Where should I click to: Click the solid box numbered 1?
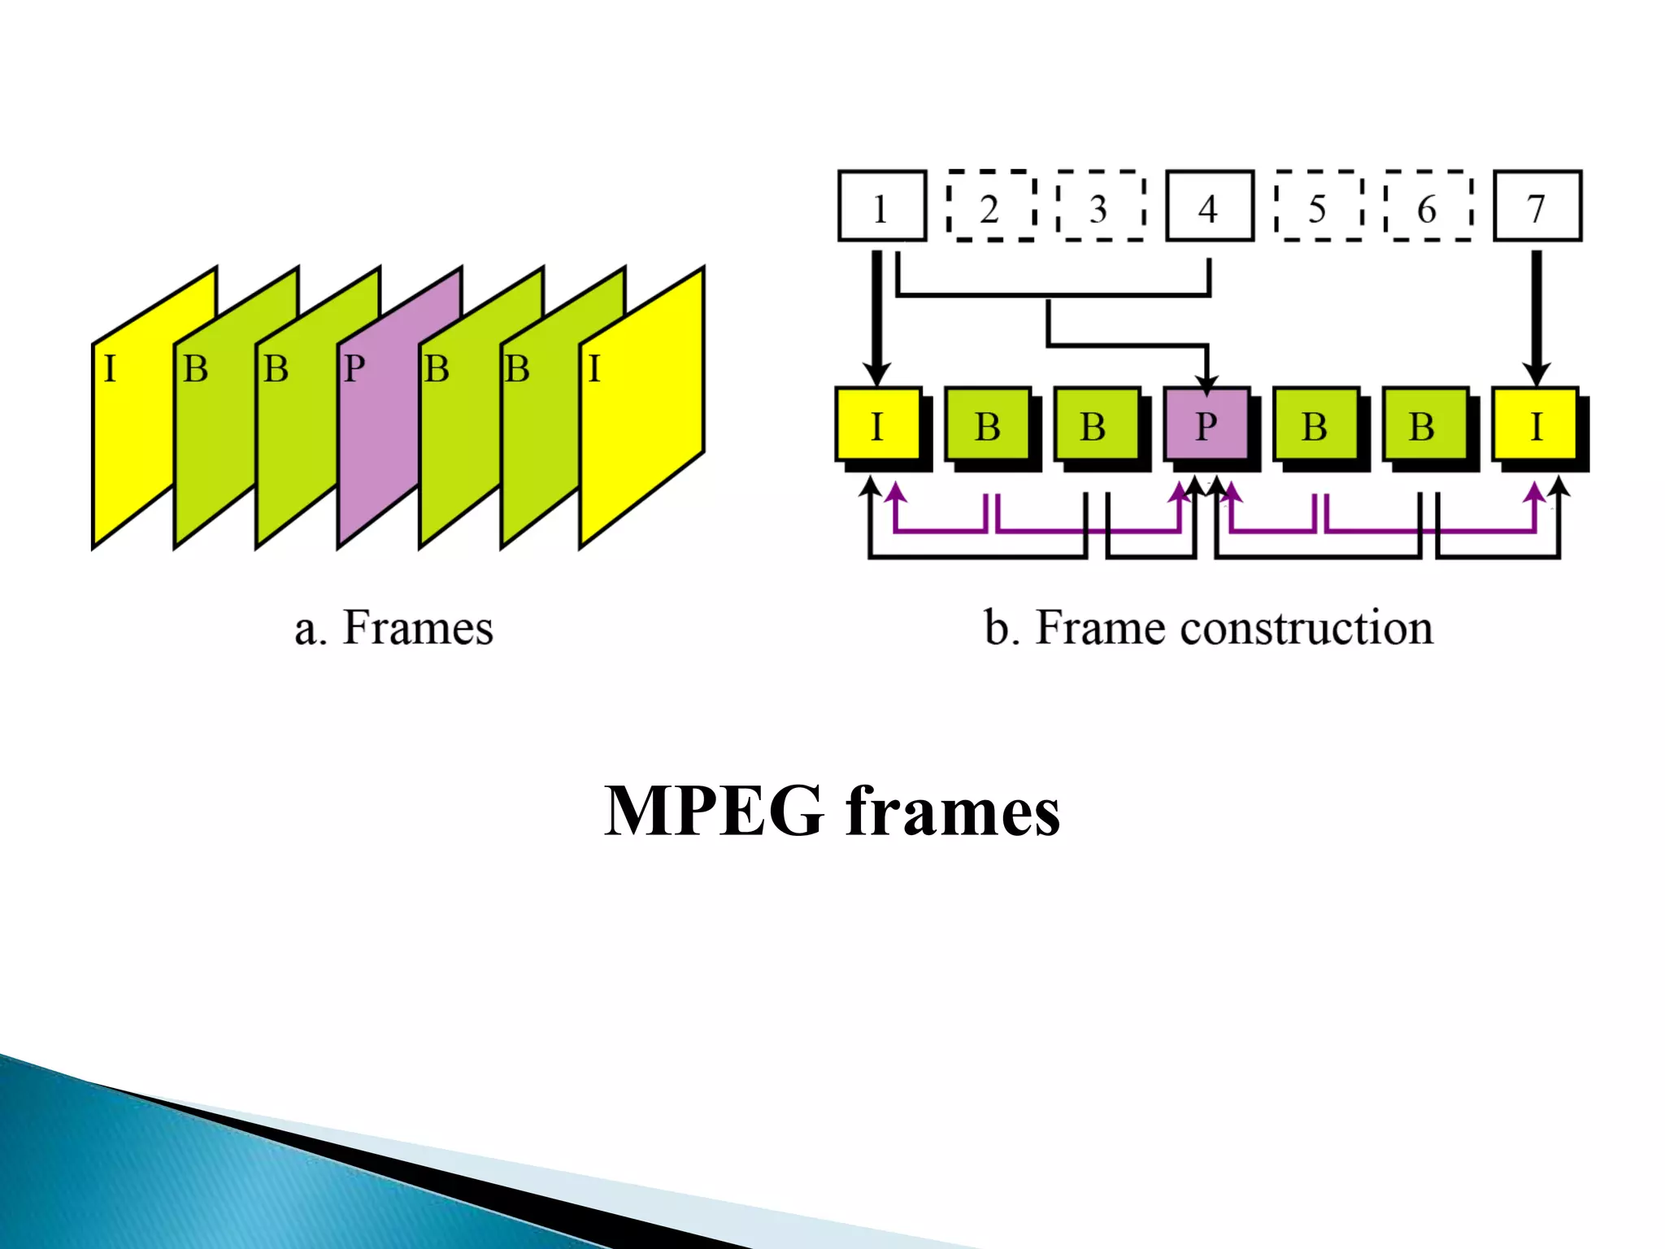coord(882,206)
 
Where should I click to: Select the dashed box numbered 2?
coord(991,207)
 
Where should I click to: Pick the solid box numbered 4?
coord(1210,206)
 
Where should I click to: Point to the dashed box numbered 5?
coord(1319,207)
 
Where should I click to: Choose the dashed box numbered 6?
coord(1428,207)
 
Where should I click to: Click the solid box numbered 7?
coord(1537,206)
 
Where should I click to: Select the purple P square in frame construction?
coord(1206,424)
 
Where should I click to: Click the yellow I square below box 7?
coord(1535,424)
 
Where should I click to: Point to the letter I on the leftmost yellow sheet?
coord(110,369)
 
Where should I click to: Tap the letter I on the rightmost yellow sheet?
coord(594,369)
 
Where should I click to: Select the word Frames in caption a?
coord(418,628)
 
